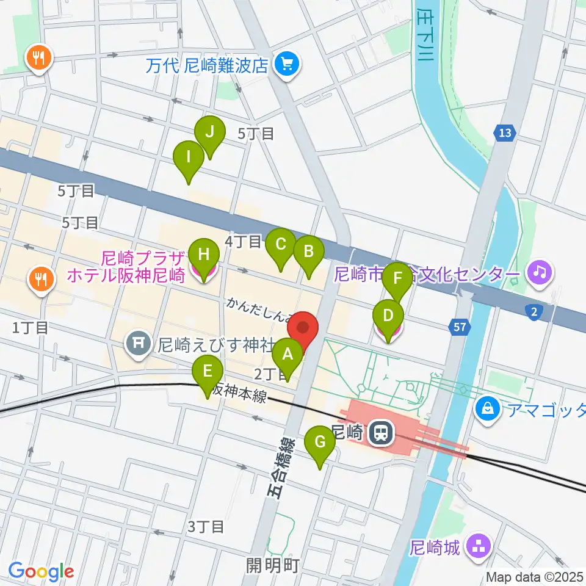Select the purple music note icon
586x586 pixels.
point(539,270)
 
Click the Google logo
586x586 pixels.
point(42,571)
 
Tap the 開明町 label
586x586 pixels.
point(272,565)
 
